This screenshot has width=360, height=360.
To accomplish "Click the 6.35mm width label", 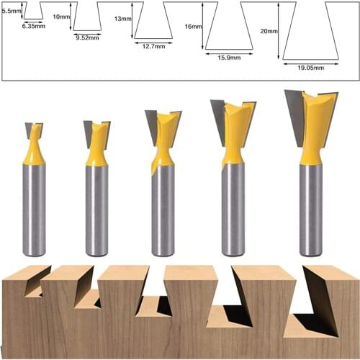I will pos(34,25).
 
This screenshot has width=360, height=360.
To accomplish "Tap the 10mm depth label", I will pos(62,16).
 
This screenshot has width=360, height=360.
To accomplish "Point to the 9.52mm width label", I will pos(87,37).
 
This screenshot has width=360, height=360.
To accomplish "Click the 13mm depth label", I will pos(123,21).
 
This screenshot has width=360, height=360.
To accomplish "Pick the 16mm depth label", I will pos(193,26).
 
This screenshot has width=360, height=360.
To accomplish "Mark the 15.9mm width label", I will pos(228,56).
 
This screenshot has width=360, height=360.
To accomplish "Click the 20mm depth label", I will pos(269,31).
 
